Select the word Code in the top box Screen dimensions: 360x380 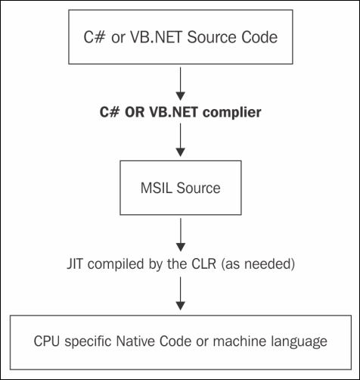pyautogui.click(x=259, y=37)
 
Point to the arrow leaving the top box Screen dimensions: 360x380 pyautogui.click(x=180, y=84)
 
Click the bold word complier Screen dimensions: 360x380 pyautogui.click(x=232, y=113)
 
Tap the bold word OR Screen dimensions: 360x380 pyautogui.click(x=135, y=112)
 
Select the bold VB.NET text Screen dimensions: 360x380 pyautogui.click(x=174, y=112)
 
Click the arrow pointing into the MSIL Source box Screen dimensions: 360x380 pyautogui.click(x=180, y=140)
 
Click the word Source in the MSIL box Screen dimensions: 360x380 pyautogui.click(x=198, y=188)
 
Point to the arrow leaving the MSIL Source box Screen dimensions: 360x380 pyautogui.click(x=181, y=235)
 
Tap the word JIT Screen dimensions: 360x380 pyautogui.click(x=75, y=264)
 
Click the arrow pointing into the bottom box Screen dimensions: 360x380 pyautogui.click(x=180, y=294)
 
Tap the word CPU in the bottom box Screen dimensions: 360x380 pyautogui.click(x=47, y=341)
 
